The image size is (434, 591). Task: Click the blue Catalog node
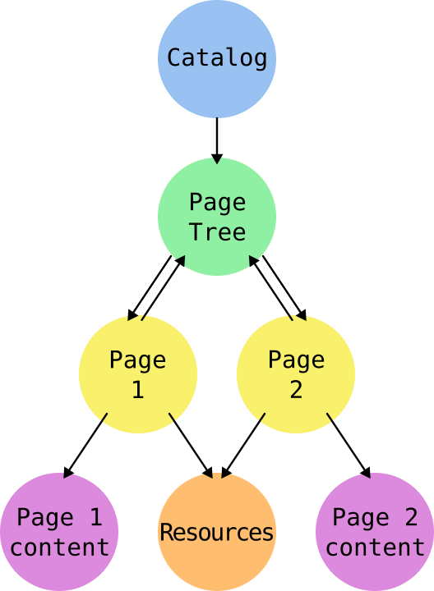pos(217,59)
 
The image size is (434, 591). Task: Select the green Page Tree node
pos(217,217)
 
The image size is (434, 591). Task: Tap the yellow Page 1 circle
pos(138,374)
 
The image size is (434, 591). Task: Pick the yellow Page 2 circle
pos(296,374)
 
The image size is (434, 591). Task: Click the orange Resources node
pos(217,532)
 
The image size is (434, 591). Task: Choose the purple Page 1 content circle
pos(59,532)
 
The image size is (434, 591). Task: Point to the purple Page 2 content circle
pos(375,532)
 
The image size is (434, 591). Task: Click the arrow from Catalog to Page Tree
pos(217,141)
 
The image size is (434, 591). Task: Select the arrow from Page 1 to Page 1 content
pos(85,446)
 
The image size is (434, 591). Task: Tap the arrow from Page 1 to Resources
pos(191,446)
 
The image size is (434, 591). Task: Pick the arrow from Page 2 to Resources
pos(243,446)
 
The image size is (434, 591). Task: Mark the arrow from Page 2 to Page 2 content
pos(349,446)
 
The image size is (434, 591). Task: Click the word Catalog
pos(217,57)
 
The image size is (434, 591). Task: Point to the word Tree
pos(218,231)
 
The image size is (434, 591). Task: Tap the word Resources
pos(217,532)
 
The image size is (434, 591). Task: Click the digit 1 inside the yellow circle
pos(138,389)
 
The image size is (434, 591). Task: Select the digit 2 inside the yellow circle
pos(296,389)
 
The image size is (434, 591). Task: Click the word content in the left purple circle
pos(60,547)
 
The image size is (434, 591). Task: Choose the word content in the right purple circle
pos(375,547)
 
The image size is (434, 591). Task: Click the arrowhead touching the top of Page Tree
pos(217,158)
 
